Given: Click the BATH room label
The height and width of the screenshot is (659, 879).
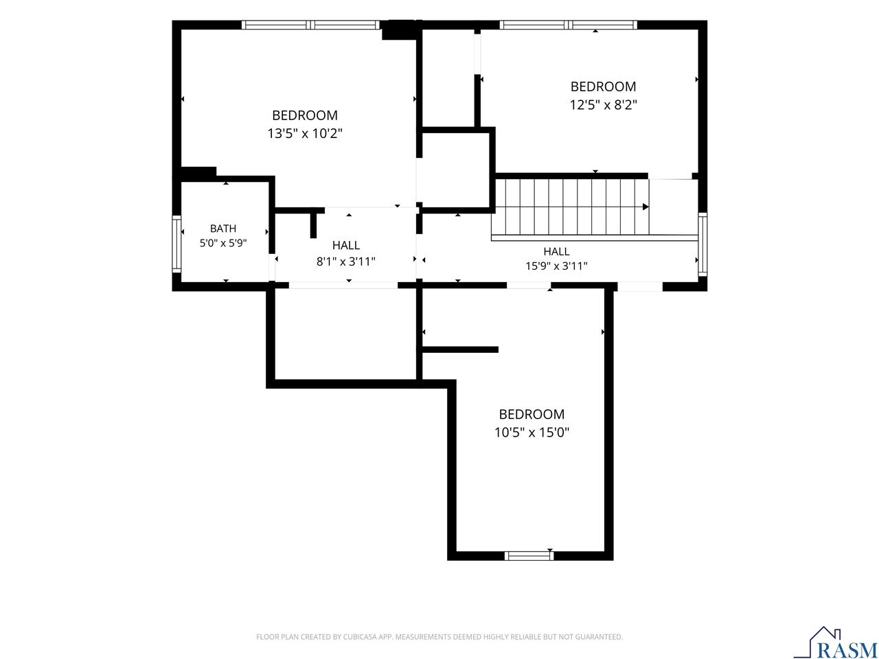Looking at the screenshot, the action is pyautogui.click(x=223, y=229).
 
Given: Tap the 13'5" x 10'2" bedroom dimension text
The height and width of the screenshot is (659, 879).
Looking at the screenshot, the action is pyautogui.click(x=305, y=133).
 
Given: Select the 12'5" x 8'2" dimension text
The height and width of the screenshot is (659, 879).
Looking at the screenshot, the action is pyautogui.click(x=603, y=105).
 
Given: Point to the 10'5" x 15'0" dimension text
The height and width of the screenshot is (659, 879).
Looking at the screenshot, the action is pyautogui.click(x=532, y=432).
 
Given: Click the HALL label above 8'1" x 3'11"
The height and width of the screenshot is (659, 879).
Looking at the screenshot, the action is pyautogui.click(x=346, y=245).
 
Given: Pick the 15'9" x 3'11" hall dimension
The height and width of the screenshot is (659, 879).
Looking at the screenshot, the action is pyautogui.click(x=556, y=266).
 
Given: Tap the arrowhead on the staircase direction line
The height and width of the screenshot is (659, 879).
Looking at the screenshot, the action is pyautogui.click(x=646, y=207).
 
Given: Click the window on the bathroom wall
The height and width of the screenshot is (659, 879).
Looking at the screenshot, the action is pyautogui.click(x=176, y=244).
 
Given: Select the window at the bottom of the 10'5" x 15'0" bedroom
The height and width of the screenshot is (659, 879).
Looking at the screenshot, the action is pyautogui.click(x=529, y=556).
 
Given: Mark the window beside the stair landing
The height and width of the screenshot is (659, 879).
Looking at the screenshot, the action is pyautogui.click(x=703, y=244).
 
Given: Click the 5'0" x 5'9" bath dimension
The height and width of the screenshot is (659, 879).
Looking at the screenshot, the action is pyautogui.click(x=223, y=243).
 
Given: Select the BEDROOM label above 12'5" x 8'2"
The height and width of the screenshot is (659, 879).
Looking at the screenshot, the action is pyautogui.click(x=603, y=86).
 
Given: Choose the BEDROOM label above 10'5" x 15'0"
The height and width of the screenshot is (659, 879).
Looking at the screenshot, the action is pyautogui.click(x=532, y=414).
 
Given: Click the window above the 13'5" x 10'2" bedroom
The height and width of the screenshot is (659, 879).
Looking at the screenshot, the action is pyautogui.click(x=310, y=25).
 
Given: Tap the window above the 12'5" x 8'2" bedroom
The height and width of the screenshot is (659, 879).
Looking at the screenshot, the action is pyautogui.click(x=568, y=25).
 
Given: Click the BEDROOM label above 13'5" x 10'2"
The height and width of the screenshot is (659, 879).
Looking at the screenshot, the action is pyautogui.click(x=305, y=115).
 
